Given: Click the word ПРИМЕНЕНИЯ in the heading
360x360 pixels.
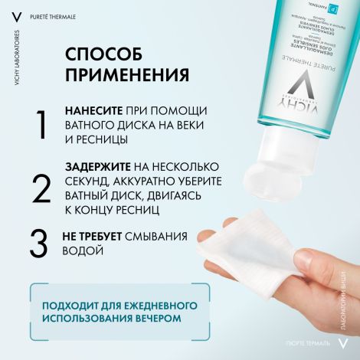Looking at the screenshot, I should point(127,76).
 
